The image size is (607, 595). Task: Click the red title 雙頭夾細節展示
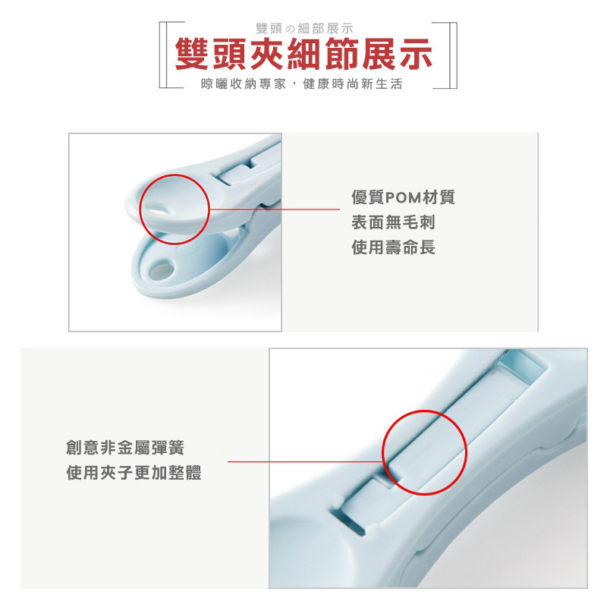303,54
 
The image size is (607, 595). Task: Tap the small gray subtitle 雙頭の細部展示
305,28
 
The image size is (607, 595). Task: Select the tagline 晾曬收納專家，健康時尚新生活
302,84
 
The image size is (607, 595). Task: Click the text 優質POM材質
403,197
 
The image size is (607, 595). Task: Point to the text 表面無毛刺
393,222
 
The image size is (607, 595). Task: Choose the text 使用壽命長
393,247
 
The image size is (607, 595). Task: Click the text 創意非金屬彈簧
125,448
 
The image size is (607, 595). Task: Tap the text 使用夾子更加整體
134,473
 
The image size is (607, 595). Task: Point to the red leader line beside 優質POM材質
275,209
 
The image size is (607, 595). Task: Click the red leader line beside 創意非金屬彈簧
306,461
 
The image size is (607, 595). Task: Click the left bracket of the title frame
161,55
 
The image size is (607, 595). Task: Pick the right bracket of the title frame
454,55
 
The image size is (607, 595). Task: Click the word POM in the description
404,197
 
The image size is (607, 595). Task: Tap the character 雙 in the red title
193,54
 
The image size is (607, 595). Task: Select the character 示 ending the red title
415,54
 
